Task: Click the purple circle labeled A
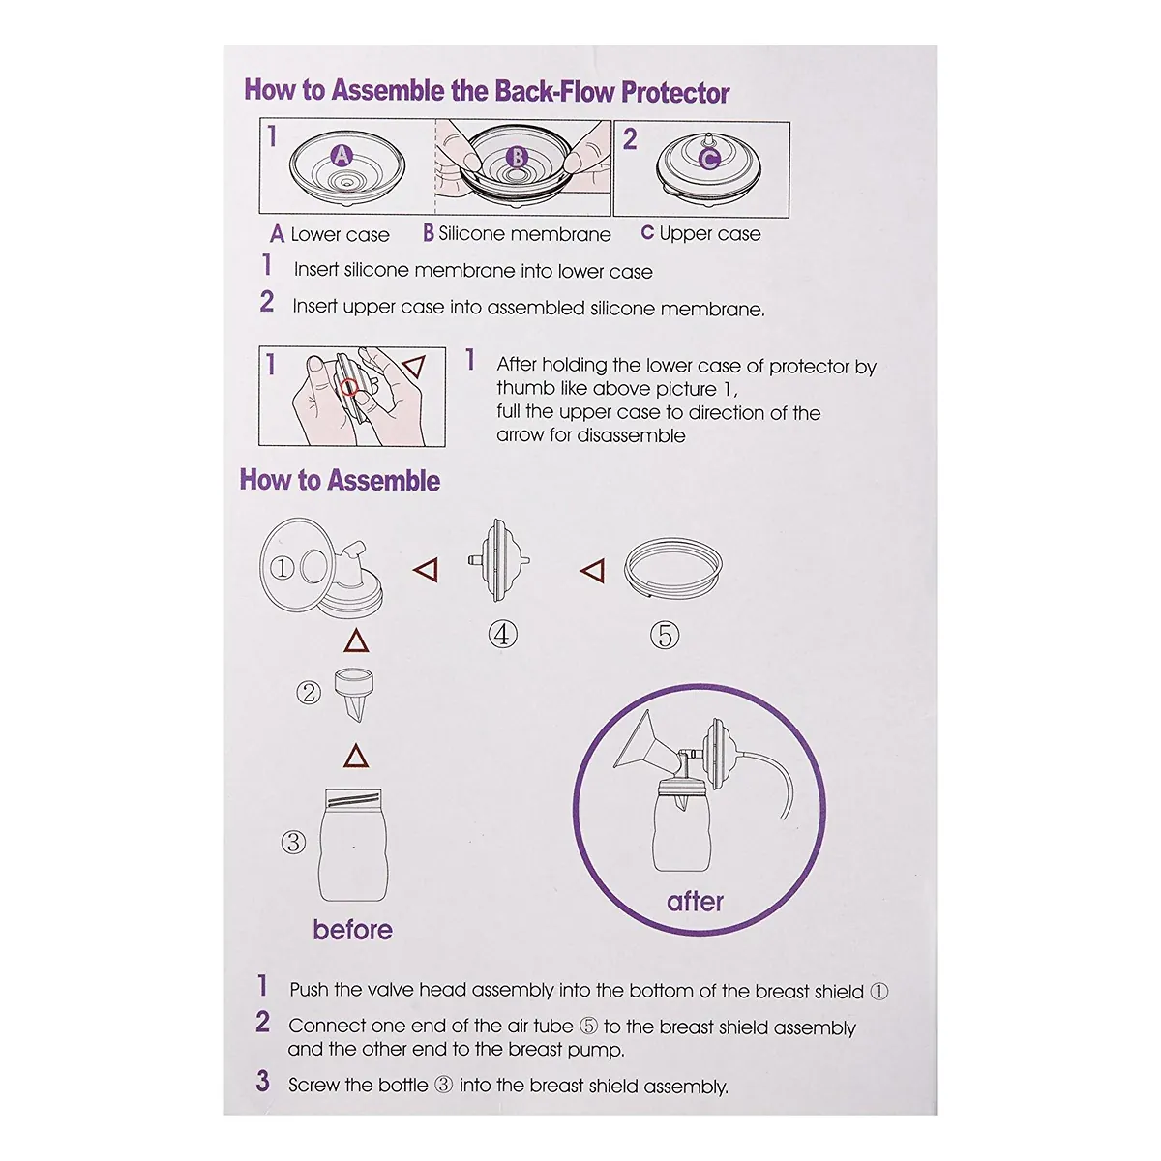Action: point(342,156)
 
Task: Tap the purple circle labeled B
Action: point(517,158)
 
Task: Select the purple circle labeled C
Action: point(709,159)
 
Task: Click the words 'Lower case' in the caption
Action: point(340,234)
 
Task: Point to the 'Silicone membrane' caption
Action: point(524,234)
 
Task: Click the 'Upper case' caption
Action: point(710,234)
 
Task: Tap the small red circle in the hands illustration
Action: point(349,387)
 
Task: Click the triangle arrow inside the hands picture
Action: point(414,366)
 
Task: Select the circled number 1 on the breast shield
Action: point(282,568)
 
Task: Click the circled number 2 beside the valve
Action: point(309,693)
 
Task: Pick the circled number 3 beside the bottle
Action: point(293,843)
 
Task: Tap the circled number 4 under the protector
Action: point(502,635)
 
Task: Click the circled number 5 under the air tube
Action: point(665,636)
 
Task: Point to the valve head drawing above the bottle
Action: point(354,695)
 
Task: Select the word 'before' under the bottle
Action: point(352,930)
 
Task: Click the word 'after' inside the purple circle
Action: point(695,902)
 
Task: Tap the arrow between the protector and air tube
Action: point(592,570)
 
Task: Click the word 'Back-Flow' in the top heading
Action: point(555,92)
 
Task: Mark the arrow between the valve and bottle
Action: point(355,756)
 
